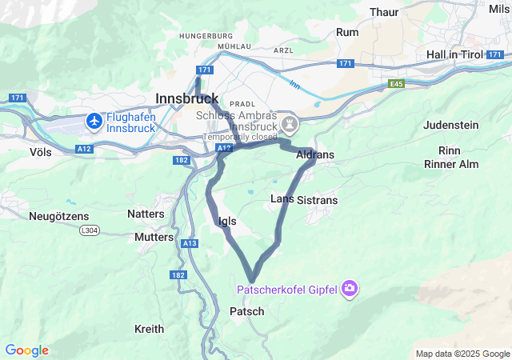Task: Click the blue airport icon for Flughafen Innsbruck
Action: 94,121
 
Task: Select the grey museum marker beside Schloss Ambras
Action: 289,124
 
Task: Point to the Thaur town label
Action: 386,12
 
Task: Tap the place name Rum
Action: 347,32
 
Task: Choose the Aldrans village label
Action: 315,154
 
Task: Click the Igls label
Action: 226,221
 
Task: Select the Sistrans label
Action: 317,199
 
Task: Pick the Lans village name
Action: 282,198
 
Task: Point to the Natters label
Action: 146,214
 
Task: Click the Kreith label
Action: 149,329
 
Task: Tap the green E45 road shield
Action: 398,83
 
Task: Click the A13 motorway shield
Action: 190,243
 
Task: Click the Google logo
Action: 26,350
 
